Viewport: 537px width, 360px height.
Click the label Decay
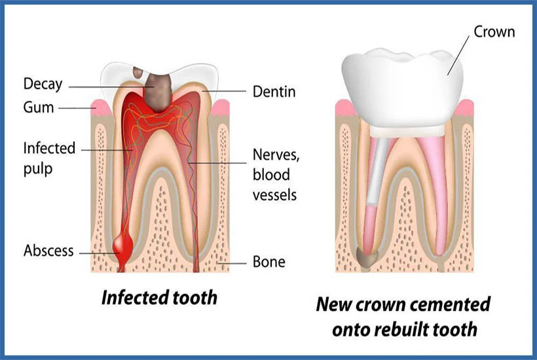point(43,84)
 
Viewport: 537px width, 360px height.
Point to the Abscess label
point(48,251)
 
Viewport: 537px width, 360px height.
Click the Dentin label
point(274,92)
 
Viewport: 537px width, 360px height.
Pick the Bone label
point(268,262)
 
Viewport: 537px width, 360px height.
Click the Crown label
point(494,31)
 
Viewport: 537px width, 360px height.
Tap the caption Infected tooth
point(158,297)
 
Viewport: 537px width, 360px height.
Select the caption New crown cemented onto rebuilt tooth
point(403,316)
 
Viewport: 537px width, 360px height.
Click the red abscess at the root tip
point(122,247)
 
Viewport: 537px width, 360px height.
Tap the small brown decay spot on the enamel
point(139,72)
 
